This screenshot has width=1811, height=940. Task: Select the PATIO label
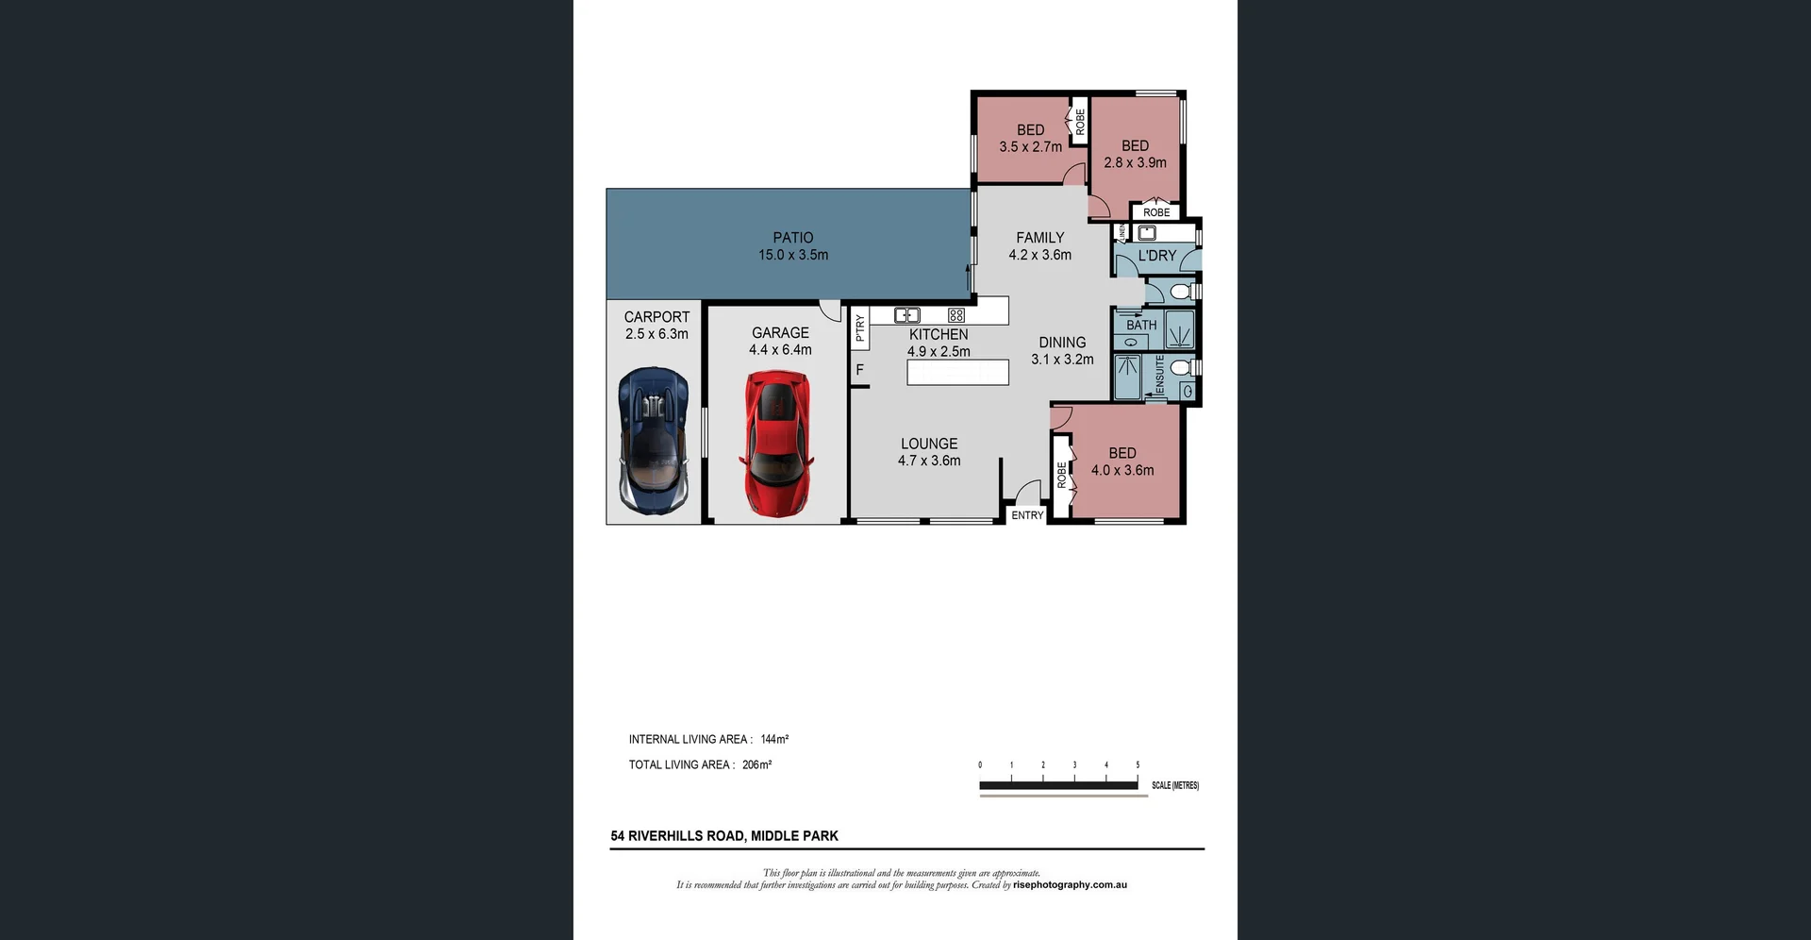point(792,238)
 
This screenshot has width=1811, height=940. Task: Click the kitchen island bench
point(957,373)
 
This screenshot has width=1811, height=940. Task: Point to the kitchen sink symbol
point(906,315)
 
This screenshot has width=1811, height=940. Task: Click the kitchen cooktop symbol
point(955,315)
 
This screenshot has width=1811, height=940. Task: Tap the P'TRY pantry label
point(859,327)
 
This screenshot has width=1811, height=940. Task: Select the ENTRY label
point(1027,515)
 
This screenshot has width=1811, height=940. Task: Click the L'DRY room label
point(1156,256)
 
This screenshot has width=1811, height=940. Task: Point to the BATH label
point(1140,325)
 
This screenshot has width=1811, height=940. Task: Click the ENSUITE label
point(1159,376)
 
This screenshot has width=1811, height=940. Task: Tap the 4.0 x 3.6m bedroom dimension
point(1121,470)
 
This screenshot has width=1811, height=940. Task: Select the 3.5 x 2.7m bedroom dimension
point(1030,147)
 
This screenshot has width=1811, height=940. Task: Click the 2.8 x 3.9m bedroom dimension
point(1135,162)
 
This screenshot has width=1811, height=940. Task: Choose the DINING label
point(1062,343)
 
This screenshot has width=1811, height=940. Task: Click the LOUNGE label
point(928,444)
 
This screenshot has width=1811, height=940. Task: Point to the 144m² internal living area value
point(774,739)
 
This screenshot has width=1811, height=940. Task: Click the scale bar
point(1058,784)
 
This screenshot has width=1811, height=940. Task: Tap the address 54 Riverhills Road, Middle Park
point(723,835)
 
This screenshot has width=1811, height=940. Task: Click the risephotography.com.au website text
point(1070,885)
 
